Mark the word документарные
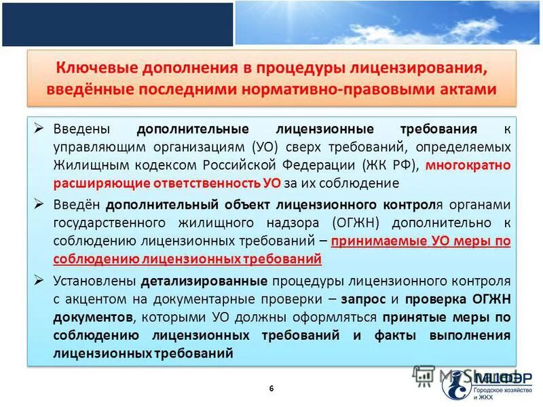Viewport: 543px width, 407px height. (x=229, y=298)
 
